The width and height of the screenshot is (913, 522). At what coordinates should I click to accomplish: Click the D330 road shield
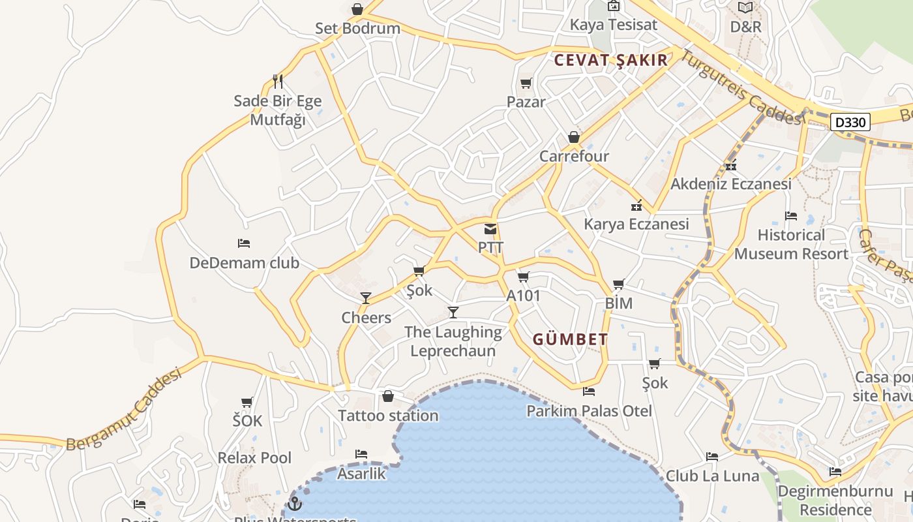point(851,122)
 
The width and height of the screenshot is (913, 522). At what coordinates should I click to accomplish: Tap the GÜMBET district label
point(571,339)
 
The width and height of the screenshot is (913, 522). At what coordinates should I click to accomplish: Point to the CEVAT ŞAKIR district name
point(611,60)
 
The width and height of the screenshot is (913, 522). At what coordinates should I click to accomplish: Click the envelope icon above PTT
point(490,229)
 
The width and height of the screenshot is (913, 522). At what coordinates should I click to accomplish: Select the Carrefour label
point(574,157)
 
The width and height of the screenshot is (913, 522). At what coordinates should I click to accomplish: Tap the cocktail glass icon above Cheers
point(366,298)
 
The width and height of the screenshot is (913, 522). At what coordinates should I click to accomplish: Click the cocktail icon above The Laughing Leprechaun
point(453,313)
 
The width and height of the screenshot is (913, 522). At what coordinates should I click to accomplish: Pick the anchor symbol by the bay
point(295,503)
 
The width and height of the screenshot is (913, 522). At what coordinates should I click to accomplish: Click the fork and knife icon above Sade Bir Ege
point(278,82)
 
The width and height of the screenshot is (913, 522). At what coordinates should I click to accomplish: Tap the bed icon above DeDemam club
point(244,243)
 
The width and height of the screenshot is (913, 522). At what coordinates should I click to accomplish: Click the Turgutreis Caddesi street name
point(741,87)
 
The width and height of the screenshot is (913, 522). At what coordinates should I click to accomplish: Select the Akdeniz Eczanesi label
point(731,184)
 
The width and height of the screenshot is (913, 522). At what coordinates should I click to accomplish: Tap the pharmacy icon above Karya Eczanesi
point(636,206)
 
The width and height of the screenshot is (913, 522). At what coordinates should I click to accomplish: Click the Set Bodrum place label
point(357,29)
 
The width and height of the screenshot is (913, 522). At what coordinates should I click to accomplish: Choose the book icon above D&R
point(745,8)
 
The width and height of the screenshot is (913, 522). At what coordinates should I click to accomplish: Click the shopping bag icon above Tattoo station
point(388,396)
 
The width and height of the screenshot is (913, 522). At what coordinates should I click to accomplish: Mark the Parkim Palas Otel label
point(589,411)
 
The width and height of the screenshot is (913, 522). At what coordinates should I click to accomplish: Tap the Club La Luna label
point(712,476)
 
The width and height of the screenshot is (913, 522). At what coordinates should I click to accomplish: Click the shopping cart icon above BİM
point(619,284)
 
